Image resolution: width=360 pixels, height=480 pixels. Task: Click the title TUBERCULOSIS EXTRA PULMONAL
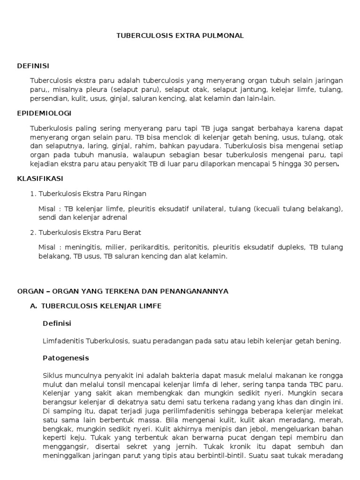pos(180,36)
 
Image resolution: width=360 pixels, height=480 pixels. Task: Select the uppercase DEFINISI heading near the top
pos(33,66)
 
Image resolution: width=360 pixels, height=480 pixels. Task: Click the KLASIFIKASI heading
pos(40,179)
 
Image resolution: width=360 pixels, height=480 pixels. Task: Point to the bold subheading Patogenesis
pos(66,358)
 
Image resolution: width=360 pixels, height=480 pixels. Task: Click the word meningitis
pos(82,247)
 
